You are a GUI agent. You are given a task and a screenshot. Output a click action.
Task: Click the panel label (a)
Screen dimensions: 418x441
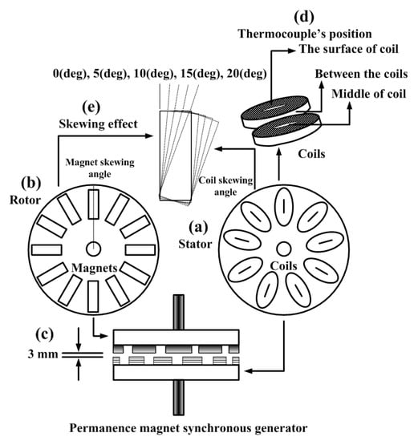click(x=199, y=227)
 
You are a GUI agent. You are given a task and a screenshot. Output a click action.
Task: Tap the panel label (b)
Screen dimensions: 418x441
click(x=31, y=182)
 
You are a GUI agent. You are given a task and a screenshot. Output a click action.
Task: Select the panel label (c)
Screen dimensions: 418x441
click(x=44, y=334)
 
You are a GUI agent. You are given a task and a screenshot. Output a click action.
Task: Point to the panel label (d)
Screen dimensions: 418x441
click(x=304, y=17)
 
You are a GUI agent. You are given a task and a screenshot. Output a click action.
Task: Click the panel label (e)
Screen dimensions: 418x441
click(x=91, y=107)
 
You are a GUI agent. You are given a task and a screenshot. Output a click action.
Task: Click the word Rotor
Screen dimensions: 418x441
click(x=26, y=200)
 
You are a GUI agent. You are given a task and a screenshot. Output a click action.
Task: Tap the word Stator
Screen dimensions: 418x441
click(x=195, y=244)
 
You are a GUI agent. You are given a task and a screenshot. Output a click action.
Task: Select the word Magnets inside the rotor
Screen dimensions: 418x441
click(x=95, y=268)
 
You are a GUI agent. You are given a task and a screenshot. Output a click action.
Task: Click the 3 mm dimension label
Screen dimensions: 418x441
click(x=43, y=354)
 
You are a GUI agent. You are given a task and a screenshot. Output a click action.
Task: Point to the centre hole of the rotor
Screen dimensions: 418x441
click(x=93, y=249)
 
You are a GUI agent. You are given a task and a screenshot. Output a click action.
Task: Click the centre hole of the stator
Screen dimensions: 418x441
click(x=284, y=249)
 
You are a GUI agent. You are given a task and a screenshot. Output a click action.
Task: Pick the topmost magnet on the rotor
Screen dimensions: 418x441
click(x=93, y=204)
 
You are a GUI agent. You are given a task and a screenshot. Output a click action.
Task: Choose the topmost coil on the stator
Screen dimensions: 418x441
click(x=284, y=206)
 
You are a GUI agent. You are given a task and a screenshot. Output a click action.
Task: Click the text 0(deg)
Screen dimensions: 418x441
click(x=69, y=74)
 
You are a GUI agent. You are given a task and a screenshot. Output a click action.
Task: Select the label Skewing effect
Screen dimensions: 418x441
click(x=98, y=123)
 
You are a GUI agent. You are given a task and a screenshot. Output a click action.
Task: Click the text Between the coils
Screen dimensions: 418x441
click(x=361, y=74)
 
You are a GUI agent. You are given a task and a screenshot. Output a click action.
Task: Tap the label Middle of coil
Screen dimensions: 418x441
click(x=369, y=94)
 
